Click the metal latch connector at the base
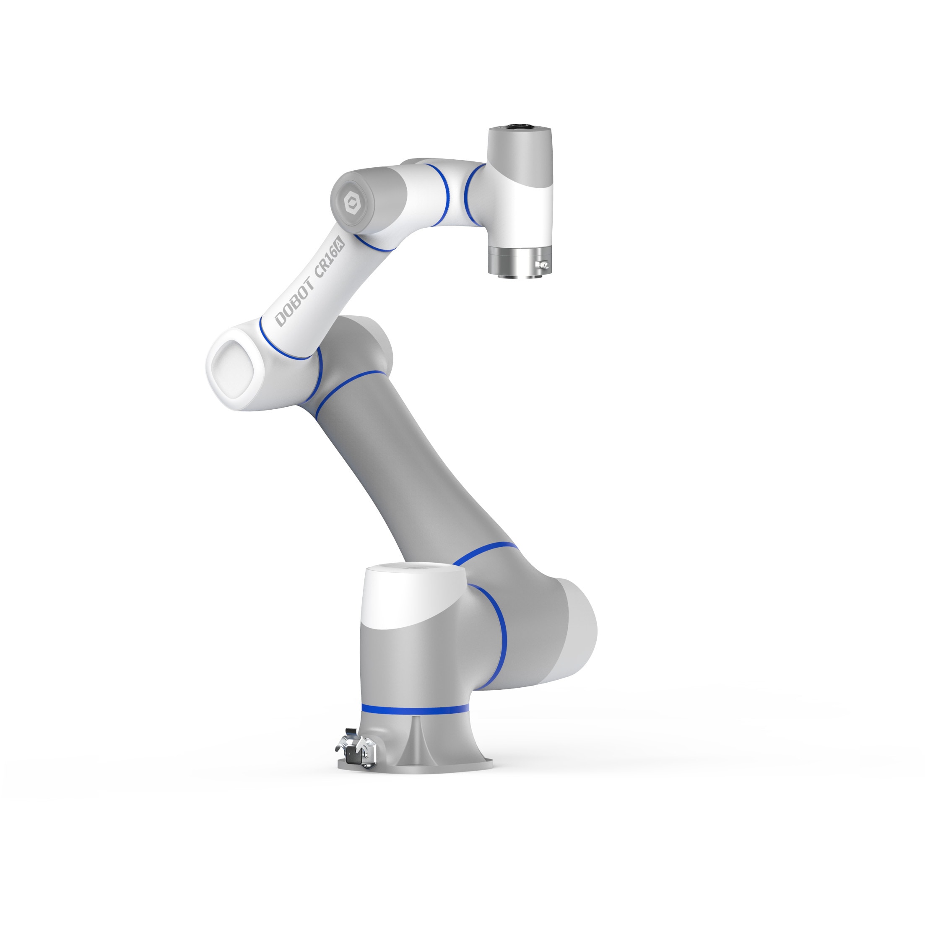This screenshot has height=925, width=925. coord(356,755)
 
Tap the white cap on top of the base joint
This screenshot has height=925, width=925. coord(414,594)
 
